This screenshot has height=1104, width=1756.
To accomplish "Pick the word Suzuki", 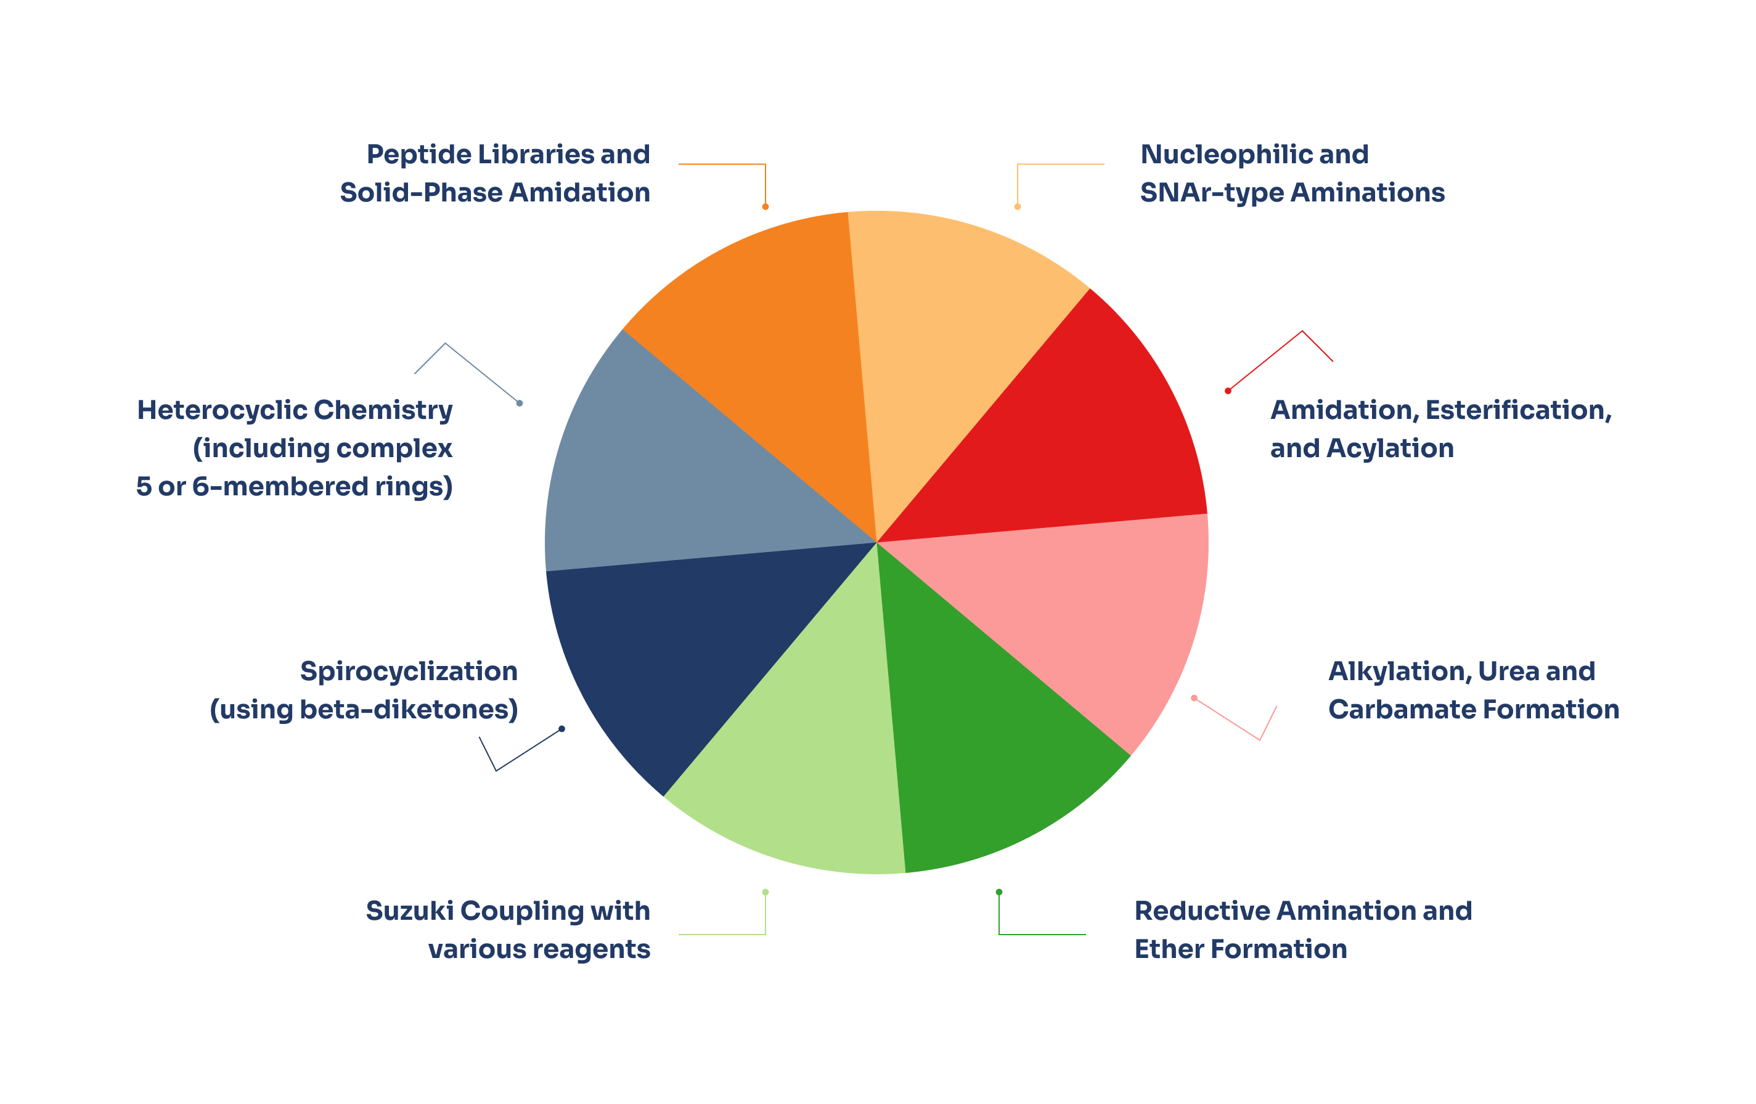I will [x=409, y=911].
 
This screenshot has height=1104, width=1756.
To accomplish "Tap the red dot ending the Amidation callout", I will [x=1228, y=391].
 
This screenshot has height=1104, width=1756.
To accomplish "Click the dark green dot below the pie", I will [x=999, y=892].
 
